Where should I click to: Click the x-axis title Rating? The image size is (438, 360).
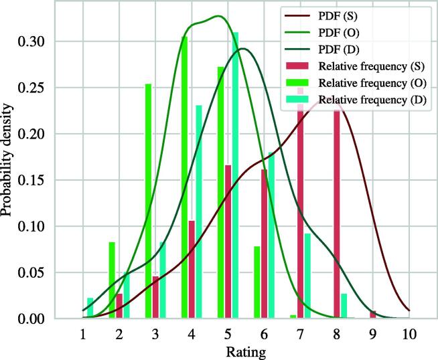point(246,351)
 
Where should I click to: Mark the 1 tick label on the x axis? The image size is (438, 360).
point(82,333)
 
